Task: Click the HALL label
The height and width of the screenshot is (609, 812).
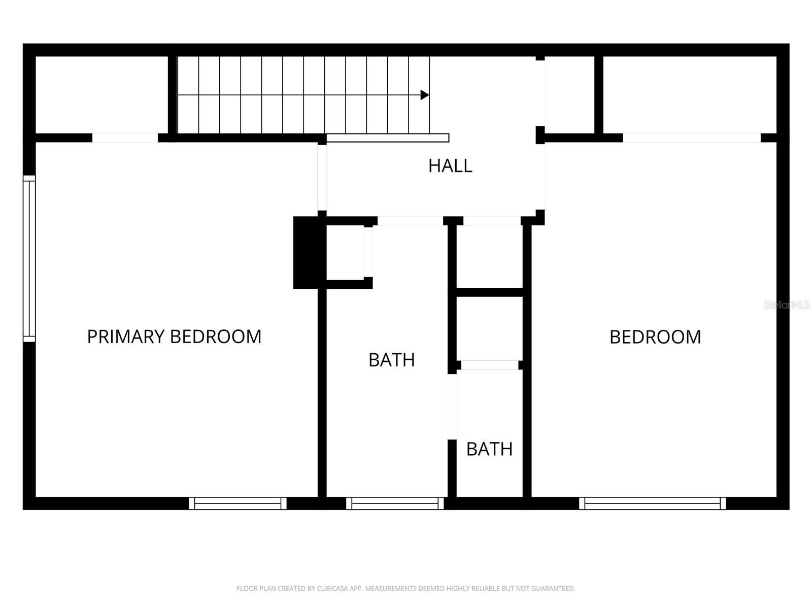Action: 450,166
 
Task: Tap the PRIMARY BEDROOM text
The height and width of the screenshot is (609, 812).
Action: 174,336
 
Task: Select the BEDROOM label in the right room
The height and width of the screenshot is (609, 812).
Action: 655,337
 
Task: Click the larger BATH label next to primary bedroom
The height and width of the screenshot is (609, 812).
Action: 391,360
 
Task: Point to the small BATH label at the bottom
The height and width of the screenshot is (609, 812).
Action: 489,449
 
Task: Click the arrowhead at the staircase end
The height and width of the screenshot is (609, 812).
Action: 425,95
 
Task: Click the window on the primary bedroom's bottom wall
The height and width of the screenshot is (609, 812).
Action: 238,503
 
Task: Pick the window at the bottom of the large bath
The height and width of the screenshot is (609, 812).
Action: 395,503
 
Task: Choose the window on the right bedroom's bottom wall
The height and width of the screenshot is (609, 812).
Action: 652,503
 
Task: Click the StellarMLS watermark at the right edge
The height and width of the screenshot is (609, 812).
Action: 787,305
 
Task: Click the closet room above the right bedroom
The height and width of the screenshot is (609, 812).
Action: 689,95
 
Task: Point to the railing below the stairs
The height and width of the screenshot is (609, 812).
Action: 387,138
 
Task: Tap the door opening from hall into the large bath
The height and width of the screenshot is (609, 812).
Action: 410,221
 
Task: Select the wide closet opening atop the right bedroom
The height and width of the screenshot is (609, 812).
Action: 691,138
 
